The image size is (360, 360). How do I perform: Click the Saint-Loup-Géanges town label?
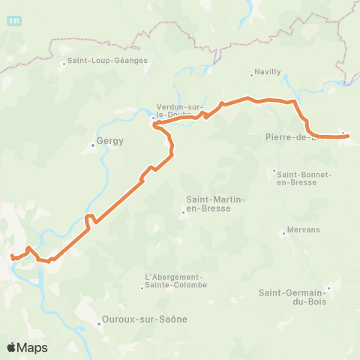pos(107,61)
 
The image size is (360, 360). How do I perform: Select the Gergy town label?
pos(109,140)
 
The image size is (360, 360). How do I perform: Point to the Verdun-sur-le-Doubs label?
pos(179,111)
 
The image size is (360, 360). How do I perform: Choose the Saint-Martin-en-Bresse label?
pos(209,204)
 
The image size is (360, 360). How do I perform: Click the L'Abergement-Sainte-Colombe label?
pos(174,280)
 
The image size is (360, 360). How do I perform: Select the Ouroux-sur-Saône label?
pos(145,319)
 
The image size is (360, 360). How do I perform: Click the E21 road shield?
pos(15,22)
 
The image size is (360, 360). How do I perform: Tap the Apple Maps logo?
pos(27,347)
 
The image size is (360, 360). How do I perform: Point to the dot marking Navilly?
pos(251,75)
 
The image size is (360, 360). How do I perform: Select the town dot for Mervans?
pos(283,233)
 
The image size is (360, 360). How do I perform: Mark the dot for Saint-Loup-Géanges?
pos(64,64)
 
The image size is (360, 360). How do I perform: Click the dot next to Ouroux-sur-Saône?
pos(99,323)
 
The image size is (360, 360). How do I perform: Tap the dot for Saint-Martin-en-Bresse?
pos(183,212)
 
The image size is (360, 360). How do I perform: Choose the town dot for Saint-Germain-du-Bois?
pos(328,286)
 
